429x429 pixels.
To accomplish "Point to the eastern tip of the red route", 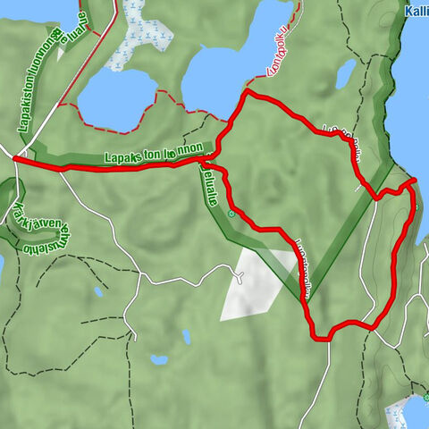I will pos(415,181).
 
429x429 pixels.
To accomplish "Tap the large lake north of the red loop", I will pos(232,54).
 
